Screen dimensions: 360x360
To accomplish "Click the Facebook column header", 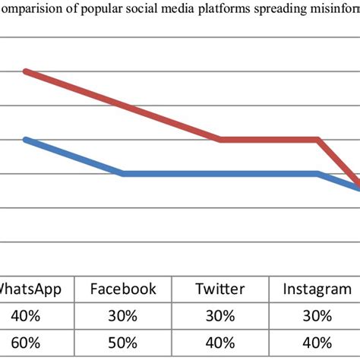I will [x=123, y=289].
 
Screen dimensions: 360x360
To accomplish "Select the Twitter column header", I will [x=220, y=289].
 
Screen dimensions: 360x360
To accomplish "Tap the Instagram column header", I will [x=317, y=289].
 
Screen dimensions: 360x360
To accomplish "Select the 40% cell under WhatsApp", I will [x=26, y=315].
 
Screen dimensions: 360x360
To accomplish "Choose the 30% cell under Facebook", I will [x=123, y=315].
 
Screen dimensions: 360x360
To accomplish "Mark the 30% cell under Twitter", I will [x=220, y=315].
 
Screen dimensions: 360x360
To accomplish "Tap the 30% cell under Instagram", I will [x=317, y=315].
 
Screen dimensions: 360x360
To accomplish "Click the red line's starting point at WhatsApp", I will [x=26, y=71].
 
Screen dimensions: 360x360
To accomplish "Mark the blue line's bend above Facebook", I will [x=123, y=174].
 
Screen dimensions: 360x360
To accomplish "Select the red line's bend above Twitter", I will [x=220, y=140].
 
